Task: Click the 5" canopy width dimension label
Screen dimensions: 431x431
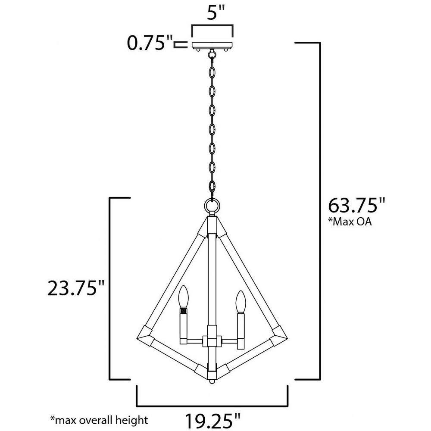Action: (x=216, y=12)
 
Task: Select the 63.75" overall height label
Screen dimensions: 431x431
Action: (x=357, y=205)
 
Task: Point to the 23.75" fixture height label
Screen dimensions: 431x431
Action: (x=76, y=288)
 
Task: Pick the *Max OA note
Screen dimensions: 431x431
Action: (x=350, y=221)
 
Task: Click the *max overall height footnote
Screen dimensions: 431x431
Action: (x=99, y=420)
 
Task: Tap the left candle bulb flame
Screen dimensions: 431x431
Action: (x=183, y=297)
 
